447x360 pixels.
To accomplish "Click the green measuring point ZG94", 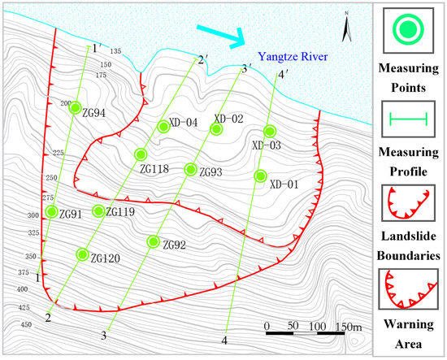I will (75, 107).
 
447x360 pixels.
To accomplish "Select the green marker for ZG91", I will (52, 212).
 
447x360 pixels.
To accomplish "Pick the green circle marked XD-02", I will (217, 128).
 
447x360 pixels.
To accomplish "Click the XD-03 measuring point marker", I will (270, 131).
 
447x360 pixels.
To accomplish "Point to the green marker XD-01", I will (260, 176).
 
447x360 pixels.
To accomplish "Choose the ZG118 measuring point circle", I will (141, 154).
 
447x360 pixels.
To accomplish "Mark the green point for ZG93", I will (191, 169).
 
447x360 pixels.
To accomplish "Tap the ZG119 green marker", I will (98, 211).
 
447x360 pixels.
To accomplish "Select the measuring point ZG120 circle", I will (81, 254).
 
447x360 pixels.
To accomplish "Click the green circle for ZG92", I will (153, 241).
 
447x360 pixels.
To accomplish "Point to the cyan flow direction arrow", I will (222, 35).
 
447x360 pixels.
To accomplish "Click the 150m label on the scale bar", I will (349, 327).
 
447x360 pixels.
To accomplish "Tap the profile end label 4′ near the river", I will (282, 75).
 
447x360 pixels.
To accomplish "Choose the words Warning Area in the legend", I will (410, 336).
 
